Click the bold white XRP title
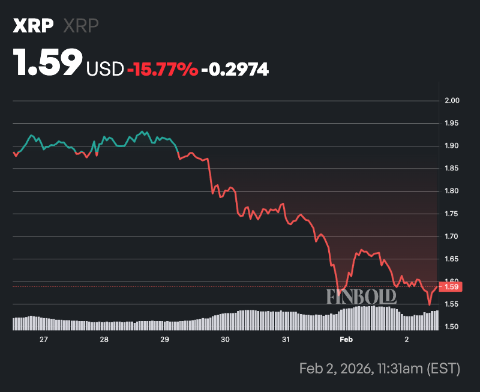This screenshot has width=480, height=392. pos(33,26)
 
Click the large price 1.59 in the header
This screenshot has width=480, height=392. pos(48,62)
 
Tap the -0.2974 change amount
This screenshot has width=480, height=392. pos(235,70)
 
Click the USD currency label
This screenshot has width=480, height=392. pos(105,70)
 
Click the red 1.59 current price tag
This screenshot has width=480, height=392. pos(451,287)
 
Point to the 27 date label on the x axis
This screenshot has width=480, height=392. pos(43,340)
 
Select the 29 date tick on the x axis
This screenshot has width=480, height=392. pos(164,340)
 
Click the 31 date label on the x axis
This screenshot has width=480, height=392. pos(286,340)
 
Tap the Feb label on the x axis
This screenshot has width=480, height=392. pos(346,340)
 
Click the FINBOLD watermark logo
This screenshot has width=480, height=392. pos(361,296)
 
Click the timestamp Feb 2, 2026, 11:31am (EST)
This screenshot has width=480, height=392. pos(379,368)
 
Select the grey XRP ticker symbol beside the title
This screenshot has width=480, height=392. pos(80,26)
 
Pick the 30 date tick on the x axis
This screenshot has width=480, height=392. pos(225,340)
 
